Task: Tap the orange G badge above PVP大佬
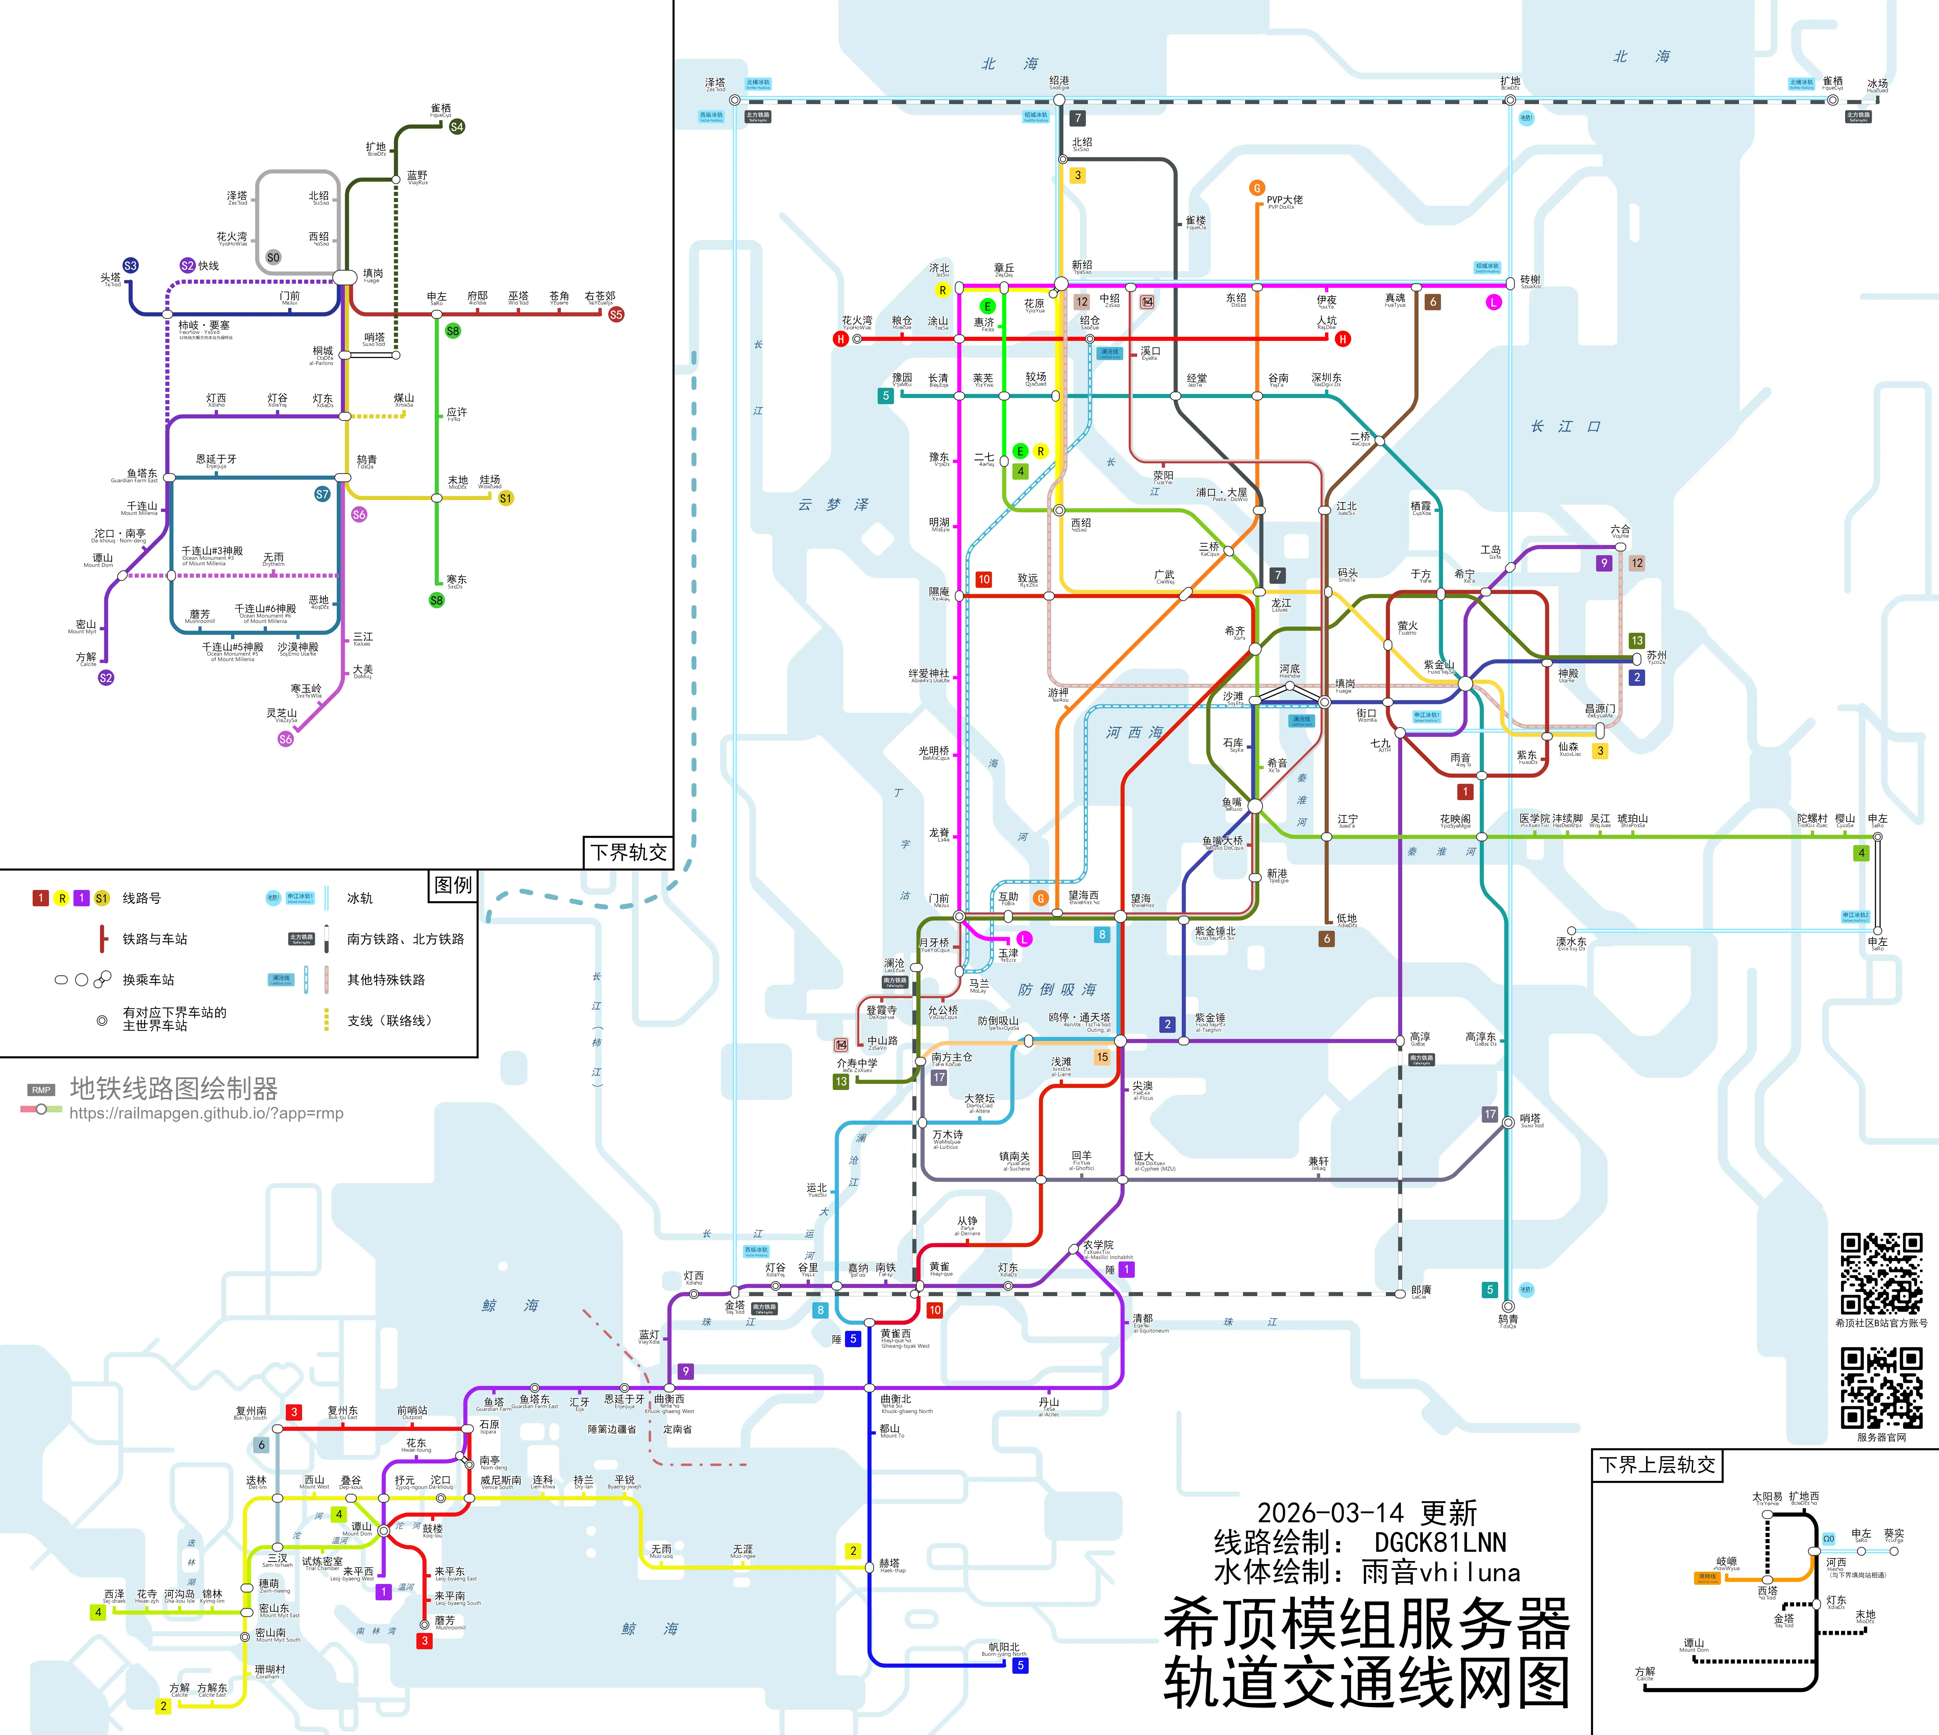1256,188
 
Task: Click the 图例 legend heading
453,885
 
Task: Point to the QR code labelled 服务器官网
1881,1387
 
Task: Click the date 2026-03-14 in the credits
1330,1513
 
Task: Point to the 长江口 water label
1565,426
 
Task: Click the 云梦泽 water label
833,504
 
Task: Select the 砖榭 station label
1530,279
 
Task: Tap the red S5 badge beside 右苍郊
616,315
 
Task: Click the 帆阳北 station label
1004,1646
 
